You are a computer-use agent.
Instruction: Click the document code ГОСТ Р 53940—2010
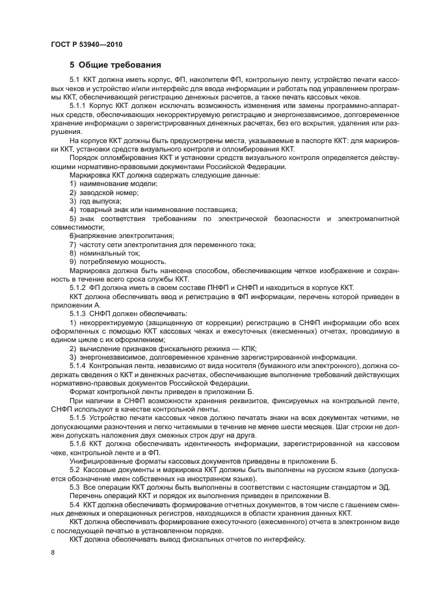86,44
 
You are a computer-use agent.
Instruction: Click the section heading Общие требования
116,65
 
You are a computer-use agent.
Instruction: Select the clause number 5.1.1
79,105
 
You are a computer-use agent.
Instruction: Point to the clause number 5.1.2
79,287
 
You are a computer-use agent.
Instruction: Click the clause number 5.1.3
79,312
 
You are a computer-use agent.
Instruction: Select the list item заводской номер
108,192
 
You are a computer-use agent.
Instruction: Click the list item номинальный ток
104,252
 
